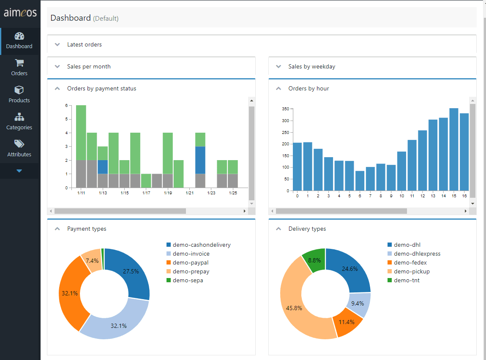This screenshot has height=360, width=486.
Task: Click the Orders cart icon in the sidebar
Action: (x=19, y=63)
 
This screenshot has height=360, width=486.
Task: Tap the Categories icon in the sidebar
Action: (x=19, y=117)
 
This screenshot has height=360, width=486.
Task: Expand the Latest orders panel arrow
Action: (x=57, y=44)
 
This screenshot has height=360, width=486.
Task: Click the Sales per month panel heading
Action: (x=89, y=66)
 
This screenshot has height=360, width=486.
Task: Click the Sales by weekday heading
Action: (x=311, y=66)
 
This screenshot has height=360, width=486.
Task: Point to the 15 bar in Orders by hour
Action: (x=453, y=150)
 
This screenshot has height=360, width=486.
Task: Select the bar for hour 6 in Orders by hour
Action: (x=360, y=180)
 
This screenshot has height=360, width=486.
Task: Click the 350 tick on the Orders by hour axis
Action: (x=285, y=109)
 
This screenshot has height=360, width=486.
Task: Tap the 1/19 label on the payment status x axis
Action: (x=168, y=193)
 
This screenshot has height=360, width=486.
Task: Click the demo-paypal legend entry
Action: (x=190, y=262)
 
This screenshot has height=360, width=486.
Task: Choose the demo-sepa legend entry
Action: (x=188, y=280)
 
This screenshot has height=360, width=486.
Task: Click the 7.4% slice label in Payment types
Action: (x=92, y=261)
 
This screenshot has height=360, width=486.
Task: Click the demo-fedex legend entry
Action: (x=410, y=262)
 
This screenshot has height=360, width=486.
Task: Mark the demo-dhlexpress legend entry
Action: (x=417, y=254)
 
